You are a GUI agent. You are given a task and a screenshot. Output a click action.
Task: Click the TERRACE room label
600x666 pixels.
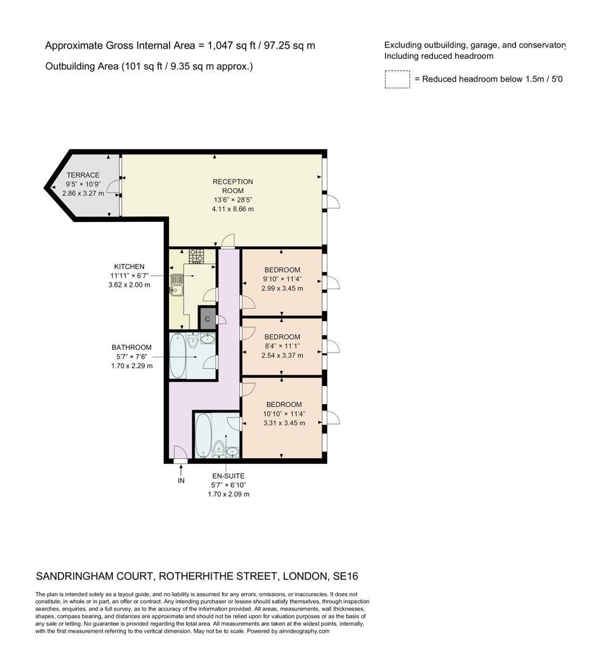coord(83,175)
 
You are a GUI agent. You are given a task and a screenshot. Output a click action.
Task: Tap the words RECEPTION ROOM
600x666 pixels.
coord(232,186)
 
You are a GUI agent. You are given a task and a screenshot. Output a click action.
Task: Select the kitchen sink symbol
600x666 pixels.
coord(176,285)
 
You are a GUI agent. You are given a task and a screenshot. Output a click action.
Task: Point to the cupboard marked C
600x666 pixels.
coord(207,319)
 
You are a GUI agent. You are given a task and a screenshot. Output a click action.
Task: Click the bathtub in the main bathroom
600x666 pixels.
coord(177,356)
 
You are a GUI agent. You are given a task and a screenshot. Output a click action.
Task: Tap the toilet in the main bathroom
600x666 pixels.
coord(193,342)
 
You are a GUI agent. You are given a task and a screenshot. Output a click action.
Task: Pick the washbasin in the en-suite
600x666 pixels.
coord(232,451)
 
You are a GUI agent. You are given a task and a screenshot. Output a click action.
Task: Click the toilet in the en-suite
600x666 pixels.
coord(218,448)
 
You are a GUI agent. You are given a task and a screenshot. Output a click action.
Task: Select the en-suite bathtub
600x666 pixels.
coord(203,435)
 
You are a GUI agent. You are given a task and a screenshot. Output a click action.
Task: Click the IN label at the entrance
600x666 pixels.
coord(181,480)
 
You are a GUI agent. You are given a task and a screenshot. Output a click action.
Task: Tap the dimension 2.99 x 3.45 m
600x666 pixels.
coord(282,288)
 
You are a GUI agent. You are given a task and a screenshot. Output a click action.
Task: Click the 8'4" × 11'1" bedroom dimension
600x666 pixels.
coord(282,346)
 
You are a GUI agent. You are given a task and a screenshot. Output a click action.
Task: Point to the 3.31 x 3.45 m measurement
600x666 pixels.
coord(284,423)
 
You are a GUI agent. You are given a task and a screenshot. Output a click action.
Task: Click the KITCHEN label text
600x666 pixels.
coord(129,266)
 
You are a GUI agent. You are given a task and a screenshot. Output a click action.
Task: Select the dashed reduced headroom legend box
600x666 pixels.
coord(397,80)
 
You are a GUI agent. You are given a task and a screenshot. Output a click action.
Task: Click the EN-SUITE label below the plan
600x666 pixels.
coord(228,476)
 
